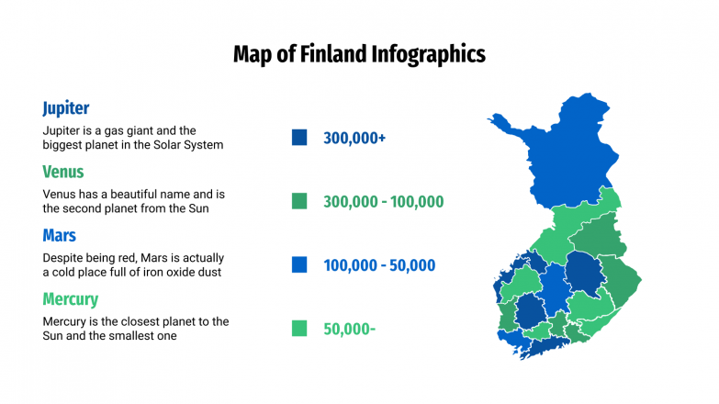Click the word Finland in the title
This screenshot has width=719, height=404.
pyautogui.click(x=332, y=54)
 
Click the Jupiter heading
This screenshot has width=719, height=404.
pyautogui.click(x=65, y=108)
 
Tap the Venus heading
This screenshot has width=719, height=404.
pyautogui.click(x=62, y=172)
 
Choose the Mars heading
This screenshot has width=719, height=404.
pyautogui.click(x=59, y=236)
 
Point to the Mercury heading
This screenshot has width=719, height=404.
pyautogui.click(x=70, y=299)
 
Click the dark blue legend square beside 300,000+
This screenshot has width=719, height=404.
pyautogui.click(x=299, y=138)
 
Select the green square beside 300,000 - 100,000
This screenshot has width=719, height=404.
pyautogui.click(x=299, y=201)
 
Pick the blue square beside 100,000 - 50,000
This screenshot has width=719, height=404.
pyautogui.click(x=299, y=265)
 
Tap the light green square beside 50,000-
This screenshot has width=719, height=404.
pyautogui.click(x=299, y=329)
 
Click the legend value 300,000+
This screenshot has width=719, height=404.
pyautogui.click(x=354, y=138)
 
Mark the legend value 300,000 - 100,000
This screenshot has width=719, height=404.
pyautogui.click(x=383, y=202)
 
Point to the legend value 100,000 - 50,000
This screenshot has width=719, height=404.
pyautogui.click(x=378, y=265)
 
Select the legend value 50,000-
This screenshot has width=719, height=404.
pyautogui.click(x=349, y=329)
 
